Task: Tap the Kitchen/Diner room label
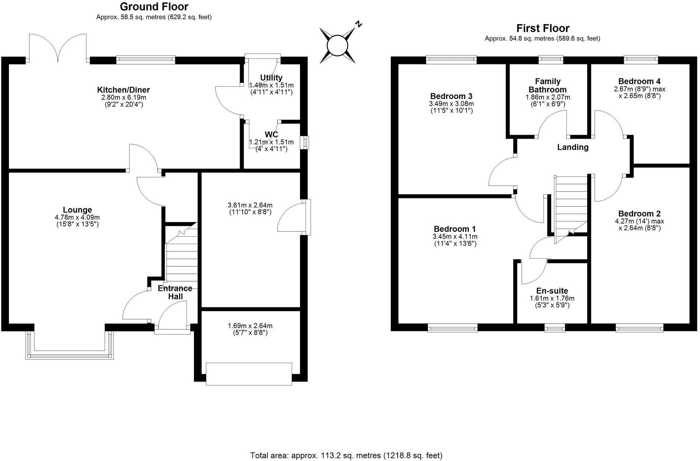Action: click(x=123, y=90)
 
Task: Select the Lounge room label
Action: click(x=77, y=210)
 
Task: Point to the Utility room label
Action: click(x=271, y=78)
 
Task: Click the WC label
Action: click(x=271, y=135)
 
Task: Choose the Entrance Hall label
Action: click(x=175, y=292)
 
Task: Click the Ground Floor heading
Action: click(x=154, y=7)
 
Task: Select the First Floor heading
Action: click(x=543, y=28)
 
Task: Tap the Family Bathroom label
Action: click(x=547, y=85)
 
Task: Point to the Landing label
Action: click(x=572, y=147)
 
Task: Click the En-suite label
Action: click(x=552, y=291)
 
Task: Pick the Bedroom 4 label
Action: click(x=639, y=81)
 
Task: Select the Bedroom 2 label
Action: click(x=639, y=214)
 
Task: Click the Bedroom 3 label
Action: click(x=451, y=96)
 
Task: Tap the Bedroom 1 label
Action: click(x=455, y=229)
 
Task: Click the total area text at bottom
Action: click(x=346, y=455)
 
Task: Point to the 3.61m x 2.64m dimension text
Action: click(x=250, y=205)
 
